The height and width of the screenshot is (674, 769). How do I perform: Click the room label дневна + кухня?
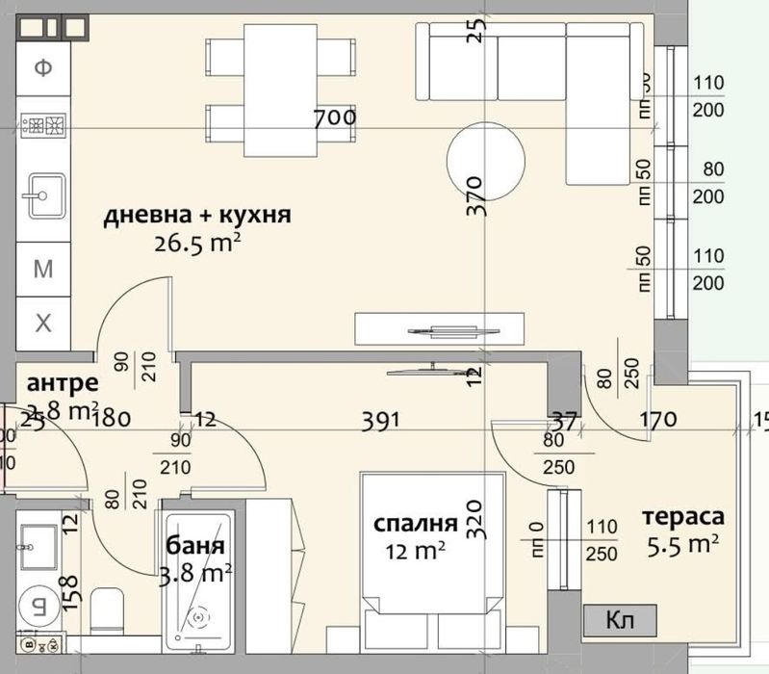pos(197,215)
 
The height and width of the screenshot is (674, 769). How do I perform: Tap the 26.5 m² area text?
pos(196,244)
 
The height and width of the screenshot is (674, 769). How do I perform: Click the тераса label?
pos(682,517)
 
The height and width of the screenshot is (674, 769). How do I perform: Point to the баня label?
pos(196,546)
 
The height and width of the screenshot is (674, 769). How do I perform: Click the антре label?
pos(63,381)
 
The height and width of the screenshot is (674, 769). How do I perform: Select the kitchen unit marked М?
pos(43,269)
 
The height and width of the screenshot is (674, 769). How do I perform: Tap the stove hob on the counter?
pos(43,124)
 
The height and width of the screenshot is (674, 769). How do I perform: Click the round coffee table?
pos(487,158)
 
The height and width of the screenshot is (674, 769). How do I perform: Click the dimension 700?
pos(335,118)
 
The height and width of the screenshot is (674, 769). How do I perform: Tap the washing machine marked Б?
pos(39,606)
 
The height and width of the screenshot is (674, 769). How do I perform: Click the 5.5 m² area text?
pos(684,546)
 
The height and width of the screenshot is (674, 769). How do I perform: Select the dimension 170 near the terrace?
pos(658,420)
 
